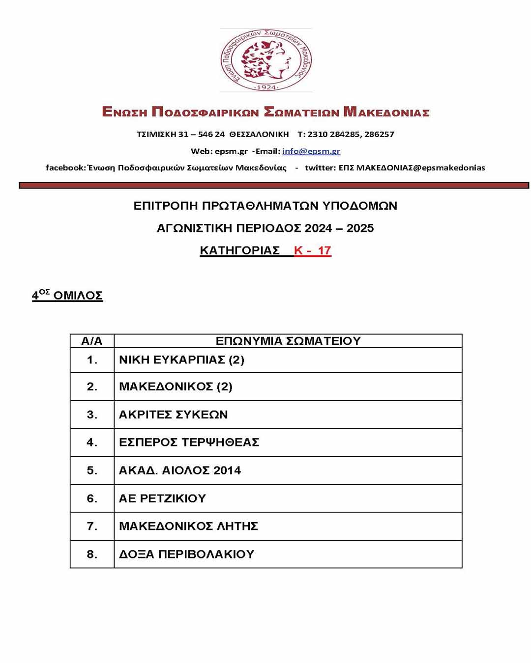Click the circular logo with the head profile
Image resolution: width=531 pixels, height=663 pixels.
pos(266,60)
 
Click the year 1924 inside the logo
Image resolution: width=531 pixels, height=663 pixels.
pos(266,87)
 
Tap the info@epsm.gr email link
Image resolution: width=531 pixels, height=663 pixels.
pos(311,151)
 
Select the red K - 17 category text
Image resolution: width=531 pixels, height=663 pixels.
pos(313,250)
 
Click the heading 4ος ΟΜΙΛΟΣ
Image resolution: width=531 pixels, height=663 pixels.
pos(67,295)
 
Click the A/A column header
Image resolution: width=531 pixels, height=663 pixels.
pos(92,341)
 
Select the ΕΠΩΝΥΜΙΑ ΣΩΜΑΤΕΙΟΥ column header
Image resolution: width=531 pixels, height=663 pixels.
pos(288,341)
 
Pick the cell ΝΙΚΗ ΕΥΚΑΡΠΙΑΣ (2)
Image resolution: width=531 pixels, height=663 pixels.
pos(181,360)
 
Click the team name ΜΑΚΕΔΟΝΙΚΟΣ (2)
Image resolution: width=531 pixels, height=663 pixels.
pos(176,387)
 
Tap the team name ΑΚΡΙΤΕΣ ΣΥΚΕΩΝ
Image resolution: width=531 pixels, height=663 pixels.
pos(174,414)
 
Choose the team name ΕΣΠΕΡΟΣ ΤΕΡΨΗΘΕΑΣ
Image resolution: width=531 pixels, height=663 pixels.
pos(189,442)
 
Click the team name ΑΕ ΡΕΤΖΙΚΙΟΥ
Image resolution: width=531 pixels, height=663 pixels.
pos(162,498)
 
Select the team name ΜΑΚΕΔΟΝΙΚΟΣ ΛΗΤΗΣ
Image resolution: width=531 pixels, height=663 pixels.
pos(188,526)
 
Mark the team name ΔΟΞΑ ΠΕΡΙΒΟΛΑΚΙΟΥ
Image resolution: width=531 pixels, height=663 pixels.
pos(186,554)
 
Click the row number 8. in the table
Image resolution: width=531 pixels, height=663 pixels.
pos(92,554)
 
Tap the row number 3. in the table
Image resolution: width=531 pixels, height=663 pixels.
pos(92,414)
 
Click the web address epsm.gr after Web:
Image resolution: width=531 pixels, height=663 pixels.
pos(231,151)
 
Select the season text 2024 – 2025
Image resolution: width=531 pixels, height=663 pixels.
pos(339,228)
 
